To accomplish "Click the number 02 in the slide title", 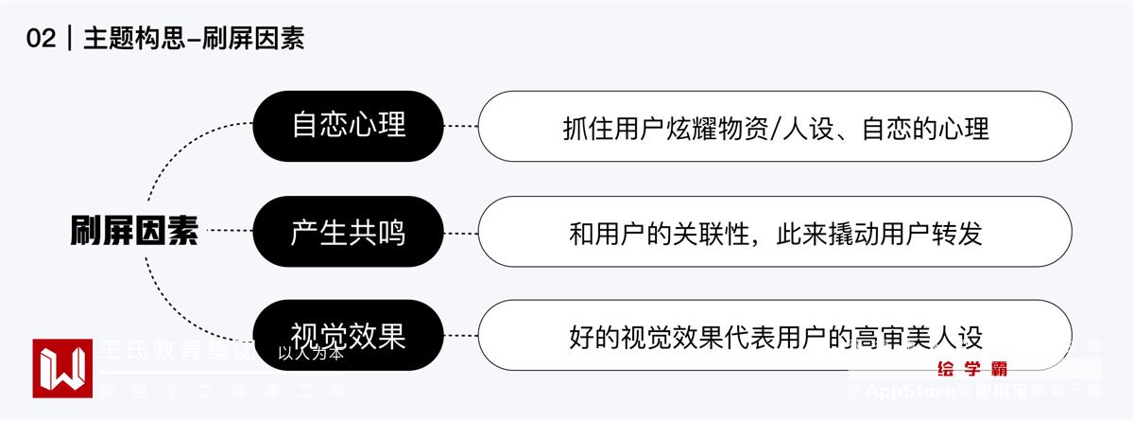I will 43,39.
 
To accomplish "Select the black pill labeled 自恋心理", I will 348,125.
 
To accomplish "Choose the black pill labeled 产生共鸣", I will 348,231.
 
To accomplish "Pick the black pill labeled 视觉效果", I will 348,336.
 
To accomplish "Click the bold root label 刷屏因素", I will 134,231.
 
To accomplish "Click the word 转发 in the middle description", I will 958,233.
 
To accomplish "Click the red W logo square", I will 62,368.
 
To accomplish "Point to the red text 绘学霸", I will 971,368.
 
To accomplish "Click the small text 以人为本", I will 311,356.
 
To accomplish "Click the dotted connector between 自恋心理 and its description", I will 460,125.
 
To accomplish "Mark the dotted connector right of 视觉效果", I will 460,336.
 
